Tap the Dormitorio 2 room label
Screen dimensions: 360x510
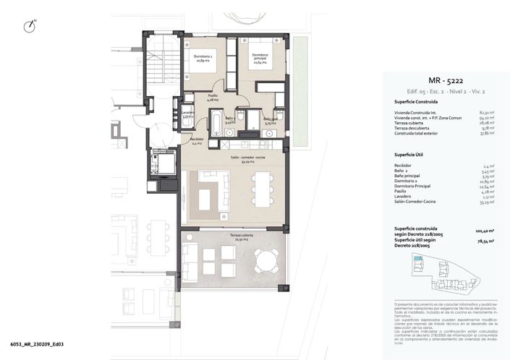pos(202,59)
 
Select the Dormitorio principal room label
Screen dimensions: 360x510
pos(260,59)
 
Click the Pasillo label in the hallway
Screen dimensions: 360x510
pos(213,98)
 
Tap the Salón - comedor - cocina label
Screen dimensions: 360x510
pos(245,160)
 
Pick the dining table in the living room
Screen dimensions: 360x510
pos(261,194)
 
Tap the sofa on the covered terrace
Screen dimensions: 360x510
pos(190,257)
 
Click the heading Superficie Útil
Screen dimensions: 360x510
pos(409,155)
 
